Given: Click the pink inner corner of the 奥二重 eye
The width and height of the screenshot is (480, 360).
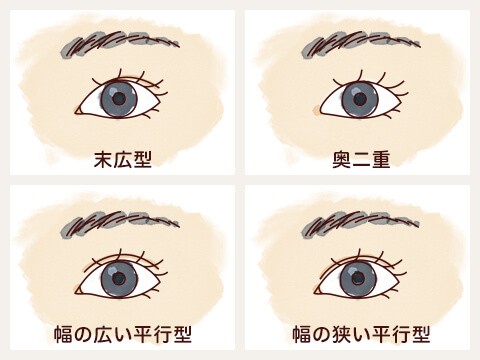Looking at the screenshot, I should (x=317, y=104).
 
